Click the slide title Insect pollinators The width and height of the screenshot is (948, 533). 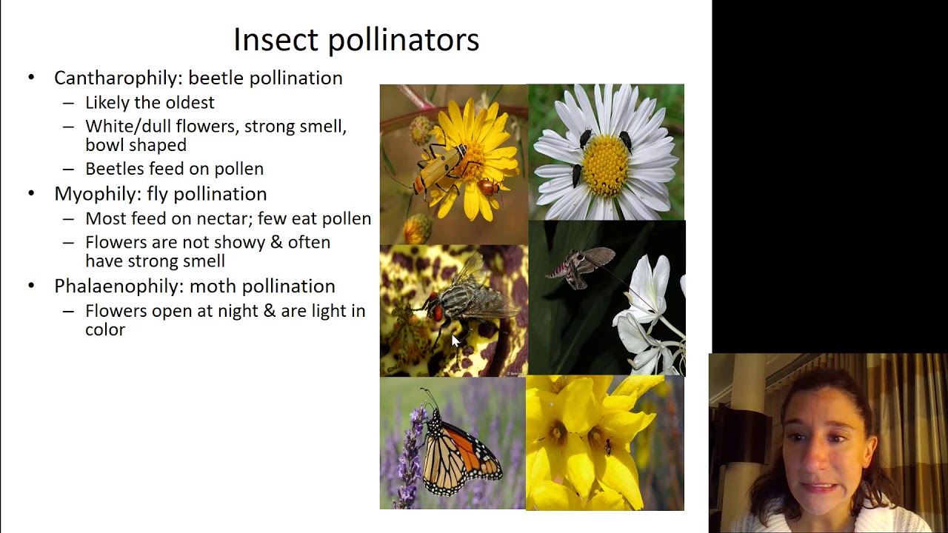(356, 39)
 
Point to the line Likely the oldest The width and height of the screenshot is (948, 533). (150, 103)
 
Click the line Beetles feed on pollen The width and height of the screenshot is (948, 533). (174, 169)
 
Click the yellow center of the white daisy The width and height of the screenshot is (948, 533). (605, 164)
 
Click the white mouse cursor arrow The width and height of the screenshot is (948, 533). (455, 341)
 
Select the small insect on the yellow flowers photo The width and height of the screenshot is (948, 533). (608, 447)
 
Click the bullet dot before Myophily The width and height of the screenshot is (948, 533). (31, 194)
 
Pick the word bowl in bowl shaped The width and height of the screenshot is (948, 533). (105, 145)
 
